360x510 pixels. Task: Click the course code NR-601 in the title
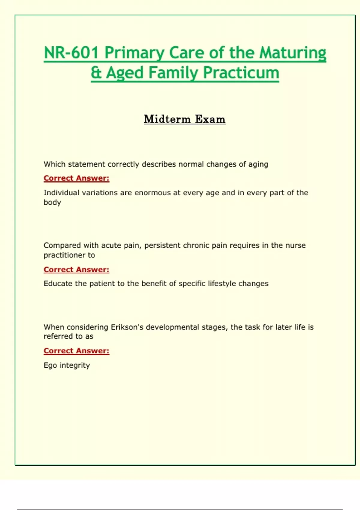pos(71,53)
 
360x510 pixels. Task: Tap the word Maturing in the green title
pos(292,53)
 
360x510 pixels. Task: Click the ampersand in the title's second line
pos(96,73)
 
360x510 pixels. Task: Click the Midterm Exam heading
pos(184,119)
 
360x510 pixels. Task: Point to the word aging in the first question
pos(258,164)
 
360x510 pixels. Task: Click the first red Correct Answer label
pos(76,178)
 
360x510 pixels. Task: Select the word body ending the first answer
pos(52,202)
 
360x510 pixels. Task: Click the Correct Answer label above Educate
pos(76,270)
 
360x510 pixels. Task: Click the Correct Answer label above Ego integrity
pos(76,351)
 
